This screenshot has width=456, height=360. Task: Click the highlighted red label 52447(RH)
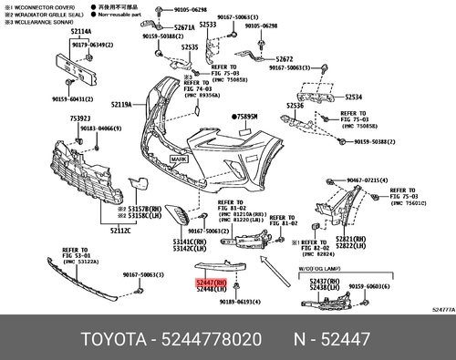click(x=212, y=283)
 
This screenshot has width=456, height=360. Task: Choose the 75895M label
click(x=245, y=118)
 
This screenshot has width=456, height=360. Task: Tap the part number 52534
click(x=353, y=95)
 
